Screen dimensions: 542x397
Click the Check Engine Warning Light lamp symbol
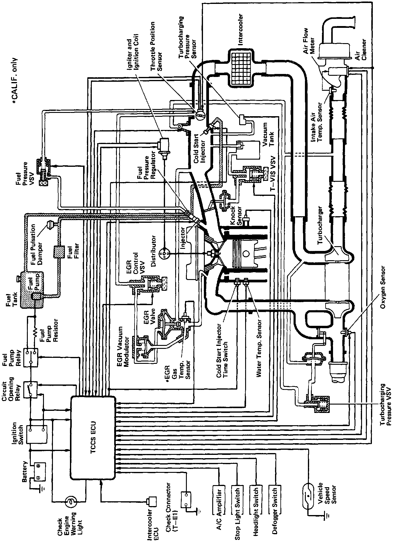(x=71, y=501)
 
